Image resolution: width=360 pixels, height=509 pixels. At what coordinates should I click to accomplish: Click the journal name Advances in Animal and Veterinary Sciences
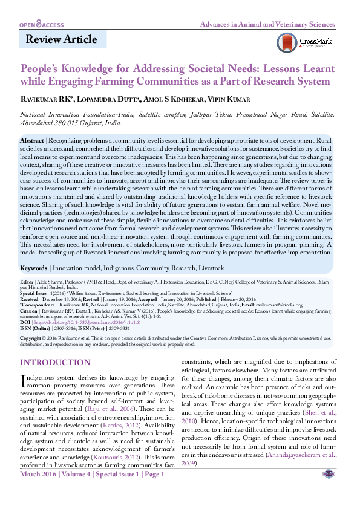(267, 24)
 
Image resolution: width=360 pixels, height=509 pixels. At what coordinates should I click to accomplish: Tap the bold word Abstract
(31, 140)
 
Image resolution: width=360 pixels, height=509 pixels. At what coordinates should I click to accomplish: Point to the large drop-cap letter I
(24, 380)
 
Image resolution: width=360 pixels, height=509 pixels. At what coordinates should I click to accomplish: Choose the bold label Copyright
(31, 337)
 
